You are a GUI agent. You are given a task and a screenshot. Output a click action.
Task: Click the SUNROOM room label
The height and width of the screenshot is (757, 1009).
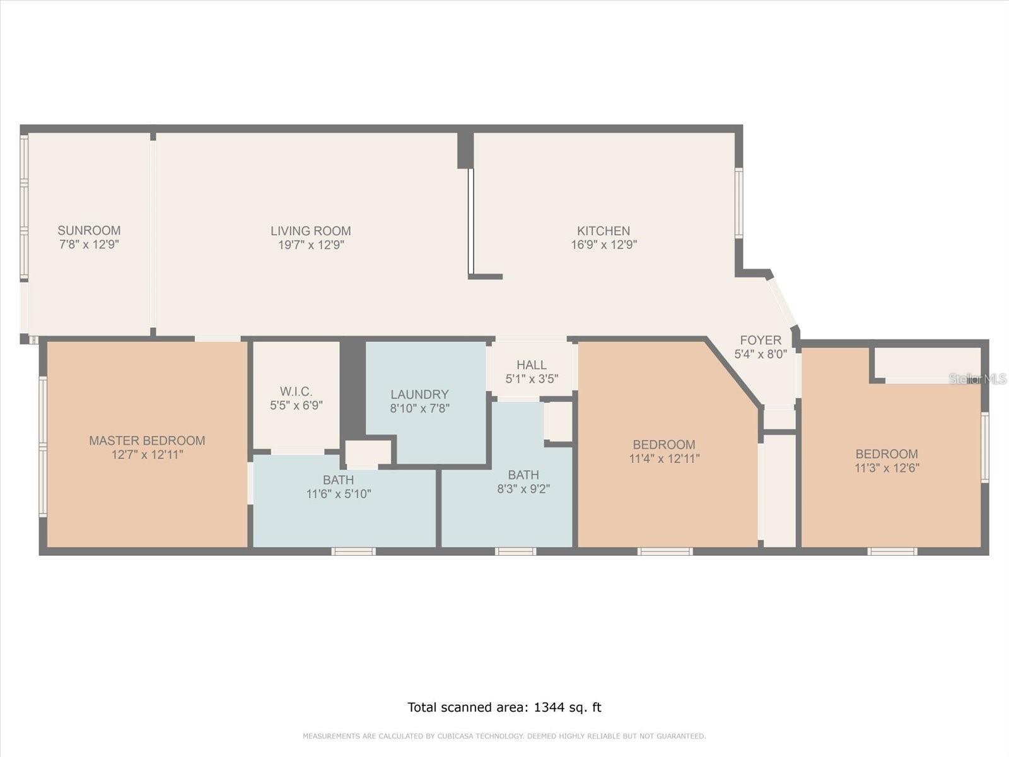point(89,230)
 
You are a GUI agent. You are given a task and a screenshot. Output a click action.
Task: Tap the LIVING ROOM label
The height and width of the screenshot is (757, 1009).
point(310,231)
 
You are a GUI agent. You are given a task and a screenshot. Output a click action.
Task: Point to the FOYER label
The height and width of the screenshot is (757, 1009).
point(761,340)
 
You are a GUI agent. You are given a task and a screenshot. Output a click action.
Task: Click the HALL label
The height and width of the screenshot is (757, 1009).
point(531,365)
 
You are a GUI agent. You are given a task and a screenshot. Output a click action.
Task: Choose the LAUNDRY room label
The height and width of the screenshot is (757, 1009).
point(419,394)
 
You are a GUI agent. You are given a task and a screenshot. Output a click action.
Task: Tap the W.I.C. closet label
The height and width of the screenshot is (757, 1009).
point(296,392)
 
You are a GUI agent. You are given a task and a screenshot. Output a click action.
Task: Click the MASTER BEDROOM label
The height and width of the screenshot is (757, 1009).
point(147,440)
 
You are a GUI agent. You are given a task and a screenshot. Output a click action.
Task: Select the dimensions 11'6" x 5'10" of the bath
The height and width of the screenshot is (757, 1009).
point(339,494)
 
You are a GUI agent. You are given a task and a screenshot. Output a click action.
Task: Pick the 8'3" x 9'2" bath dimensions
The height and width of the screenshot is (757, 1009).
point(523,489)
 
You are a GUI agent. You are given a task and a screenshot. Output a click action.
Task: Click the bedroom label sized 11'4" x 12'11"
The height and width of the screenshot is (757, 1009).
point(664,444)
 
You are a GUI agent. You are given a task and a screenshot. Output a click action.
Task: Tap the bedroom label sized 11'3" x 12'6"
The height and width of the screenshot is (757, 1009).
point(886,454)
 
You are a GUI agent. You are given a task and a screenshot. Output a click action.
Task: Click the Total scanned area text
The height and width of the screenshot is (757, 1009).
point(504,707)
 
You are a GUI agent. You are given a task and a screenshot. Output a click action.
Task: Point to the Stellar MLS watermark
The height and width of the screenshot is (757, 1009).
point(977,378)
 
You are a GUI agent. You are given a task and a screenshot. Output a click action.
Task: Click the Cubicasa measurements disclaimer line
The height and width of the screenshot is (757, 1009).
point(504,736)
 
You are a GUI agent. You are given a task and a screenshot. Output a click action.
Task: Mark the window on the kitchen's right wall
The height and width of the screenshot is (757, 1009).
point(738,202)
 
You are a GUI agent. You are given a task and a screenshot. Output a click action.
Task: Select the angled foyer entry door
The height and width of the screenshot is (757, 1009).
point(782,302)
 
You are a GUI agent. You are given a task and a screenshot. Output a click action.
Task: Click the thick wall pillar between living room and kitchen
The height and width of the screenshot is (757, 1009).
point(465,150)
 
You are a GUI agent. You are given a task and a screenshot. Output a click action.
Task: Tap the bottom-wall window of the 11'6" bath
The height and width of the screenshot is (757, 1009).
point(353,551)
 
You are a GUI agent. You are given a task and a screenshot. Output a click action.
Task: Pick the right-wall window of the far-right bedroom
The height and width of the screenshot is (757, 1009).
point(984,447)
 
